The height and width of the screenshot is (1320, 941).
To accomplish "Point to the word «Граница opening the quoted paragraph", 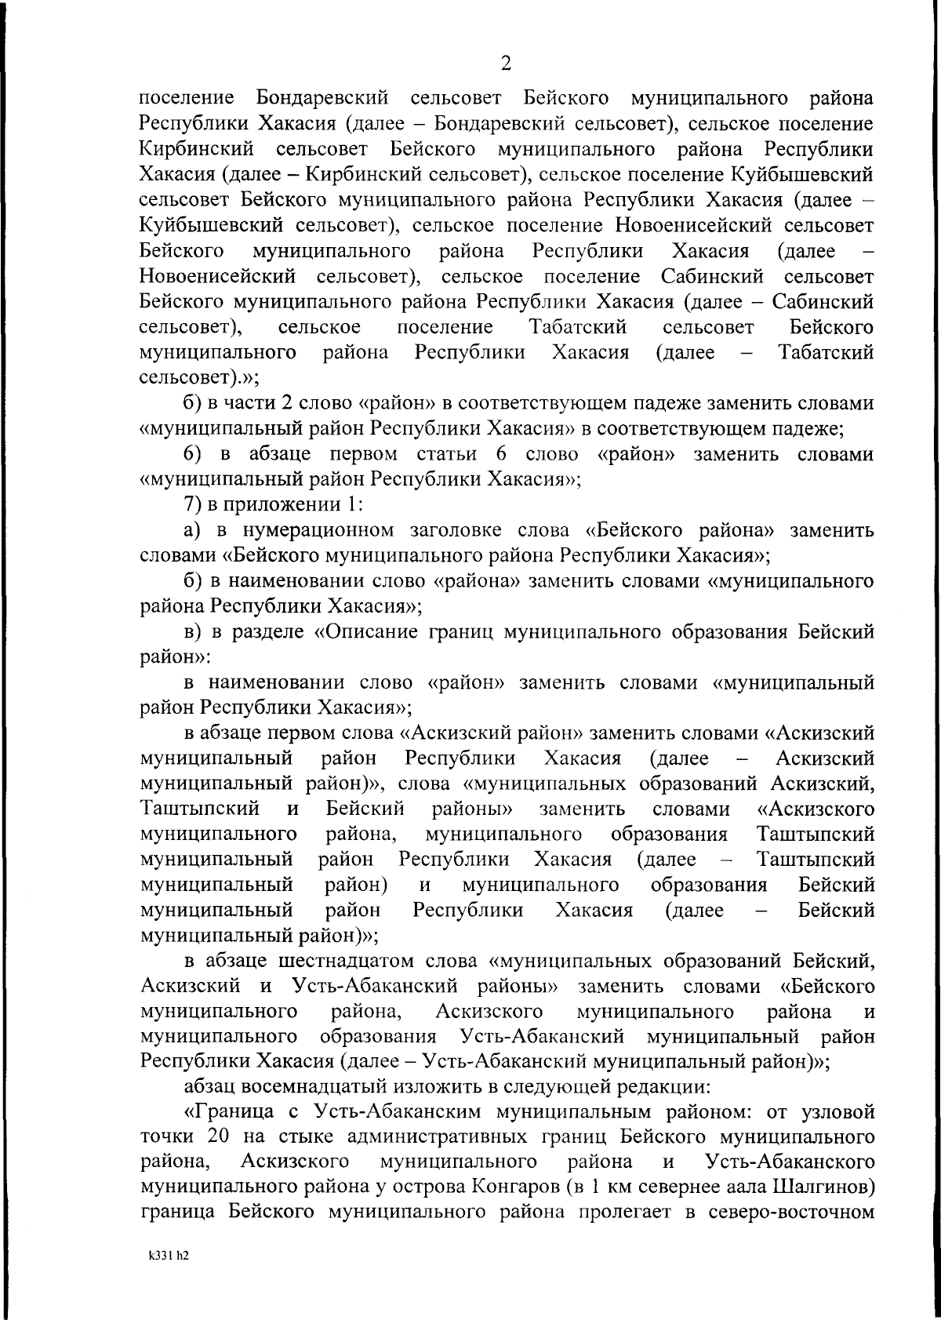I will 241,1113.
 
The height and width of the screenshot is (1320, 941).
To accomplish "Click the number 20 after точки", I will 220,1138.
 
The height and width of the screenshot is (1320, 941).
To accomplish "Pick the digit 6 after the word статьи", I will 501,455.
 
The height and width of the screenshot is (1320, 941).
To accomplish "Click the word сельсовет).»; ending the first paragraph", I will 199,378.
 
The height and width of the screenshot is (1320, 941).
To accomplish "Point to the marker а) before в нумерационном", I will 192,531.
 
